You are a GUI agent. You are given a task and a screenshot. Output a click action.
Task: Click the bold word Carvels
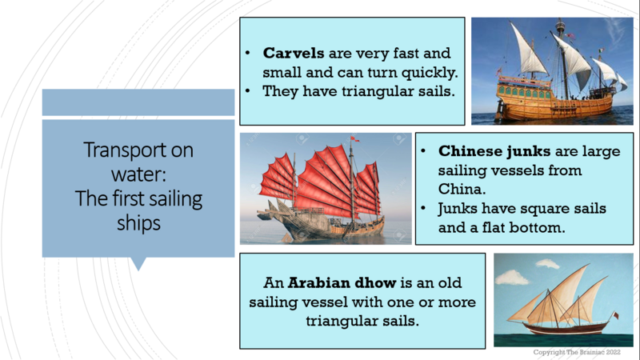[x=294, y=53]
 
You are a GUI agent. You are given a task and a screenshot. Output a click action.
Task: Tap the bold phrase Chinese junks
[x=494, y=151]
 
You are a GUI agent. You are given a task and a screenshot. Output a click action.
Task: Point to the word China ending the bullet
[x=462, y=189]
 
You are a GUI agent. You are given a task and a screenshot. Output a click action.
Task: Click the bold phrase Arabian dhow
[x=342, y=282]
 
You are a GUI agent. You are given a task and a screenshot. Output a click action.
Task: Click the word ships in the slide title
[x=138, y=223]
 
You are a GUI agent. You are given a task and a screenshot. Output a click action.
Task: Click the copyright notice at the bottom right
[x=577, y=352]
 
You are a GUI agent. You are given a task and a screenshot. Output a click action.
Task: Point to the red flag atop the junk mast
[x=354, y=139]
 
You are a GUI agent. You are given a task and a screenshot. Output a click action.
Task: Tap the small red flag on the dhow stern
[x=615, y=315]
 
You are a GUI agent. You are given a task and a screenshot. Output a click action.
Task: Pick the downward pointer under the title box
[x=138, y=264]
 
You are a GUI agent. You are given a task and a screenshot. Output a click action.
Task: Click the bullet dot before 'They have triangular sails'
[x=248, y=90]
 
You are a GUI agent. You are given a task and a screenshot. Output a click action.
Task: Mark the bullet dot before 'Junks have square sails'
[x=423, y=209]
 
